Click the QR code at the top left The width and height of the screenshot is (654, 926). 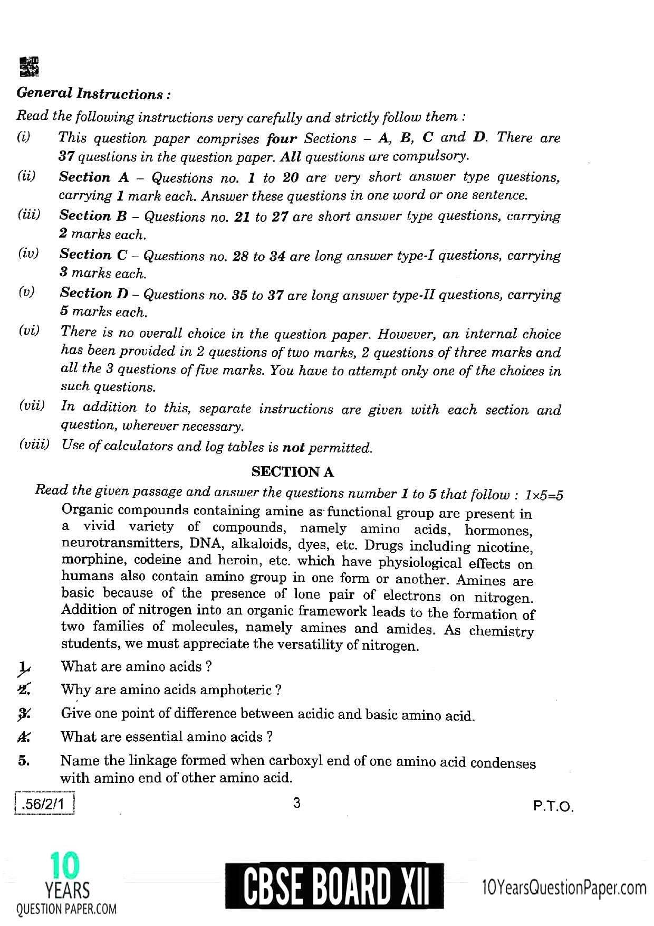pyautogui.click(x=28, y=66)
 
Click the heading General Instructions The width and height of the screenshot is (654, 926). pyautogui.click(x=93, y=94)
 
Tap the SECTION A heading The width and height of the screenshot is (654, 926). pyautogui.click(x=293, y=471)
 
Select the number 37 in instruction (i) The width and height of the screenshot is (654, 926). pyautogui.click(x=66, y=157)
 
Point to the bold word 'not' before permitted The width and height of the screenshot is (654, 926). pyautogui.click(x=294, y=448)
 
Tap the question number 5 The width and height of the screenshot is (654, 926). pyautogui.click(x=23, y=761)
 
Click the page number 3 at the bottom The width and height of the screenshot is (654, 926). pyautogui.click(x=296, y=803)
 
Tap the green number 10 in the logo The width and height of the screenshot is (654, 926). pyautogui.click(x=65, y=866)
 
